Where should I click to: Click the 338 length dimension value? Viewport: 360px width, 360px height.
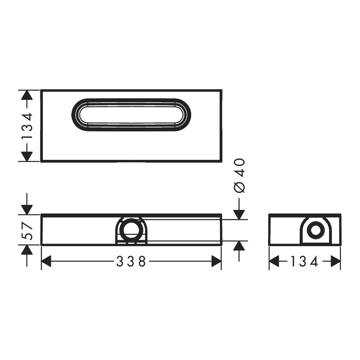pos(131,261)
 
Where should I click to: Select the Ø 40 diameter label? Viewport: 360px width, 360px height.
pos(239,176)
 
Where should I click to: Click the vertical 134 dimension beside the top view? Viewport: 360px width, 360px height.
pos(27,126)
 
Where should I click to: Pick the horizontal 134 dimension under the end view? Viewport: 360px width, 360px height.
pos(304,261)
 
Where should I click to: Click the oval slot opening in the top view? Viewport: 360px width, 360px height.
pos(131,99)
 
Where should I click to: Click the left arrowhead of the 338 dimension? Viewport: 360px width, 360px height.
pos(46,261)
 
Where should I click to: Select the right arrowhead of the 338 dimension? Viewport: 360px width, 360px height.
pos(216,261)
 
